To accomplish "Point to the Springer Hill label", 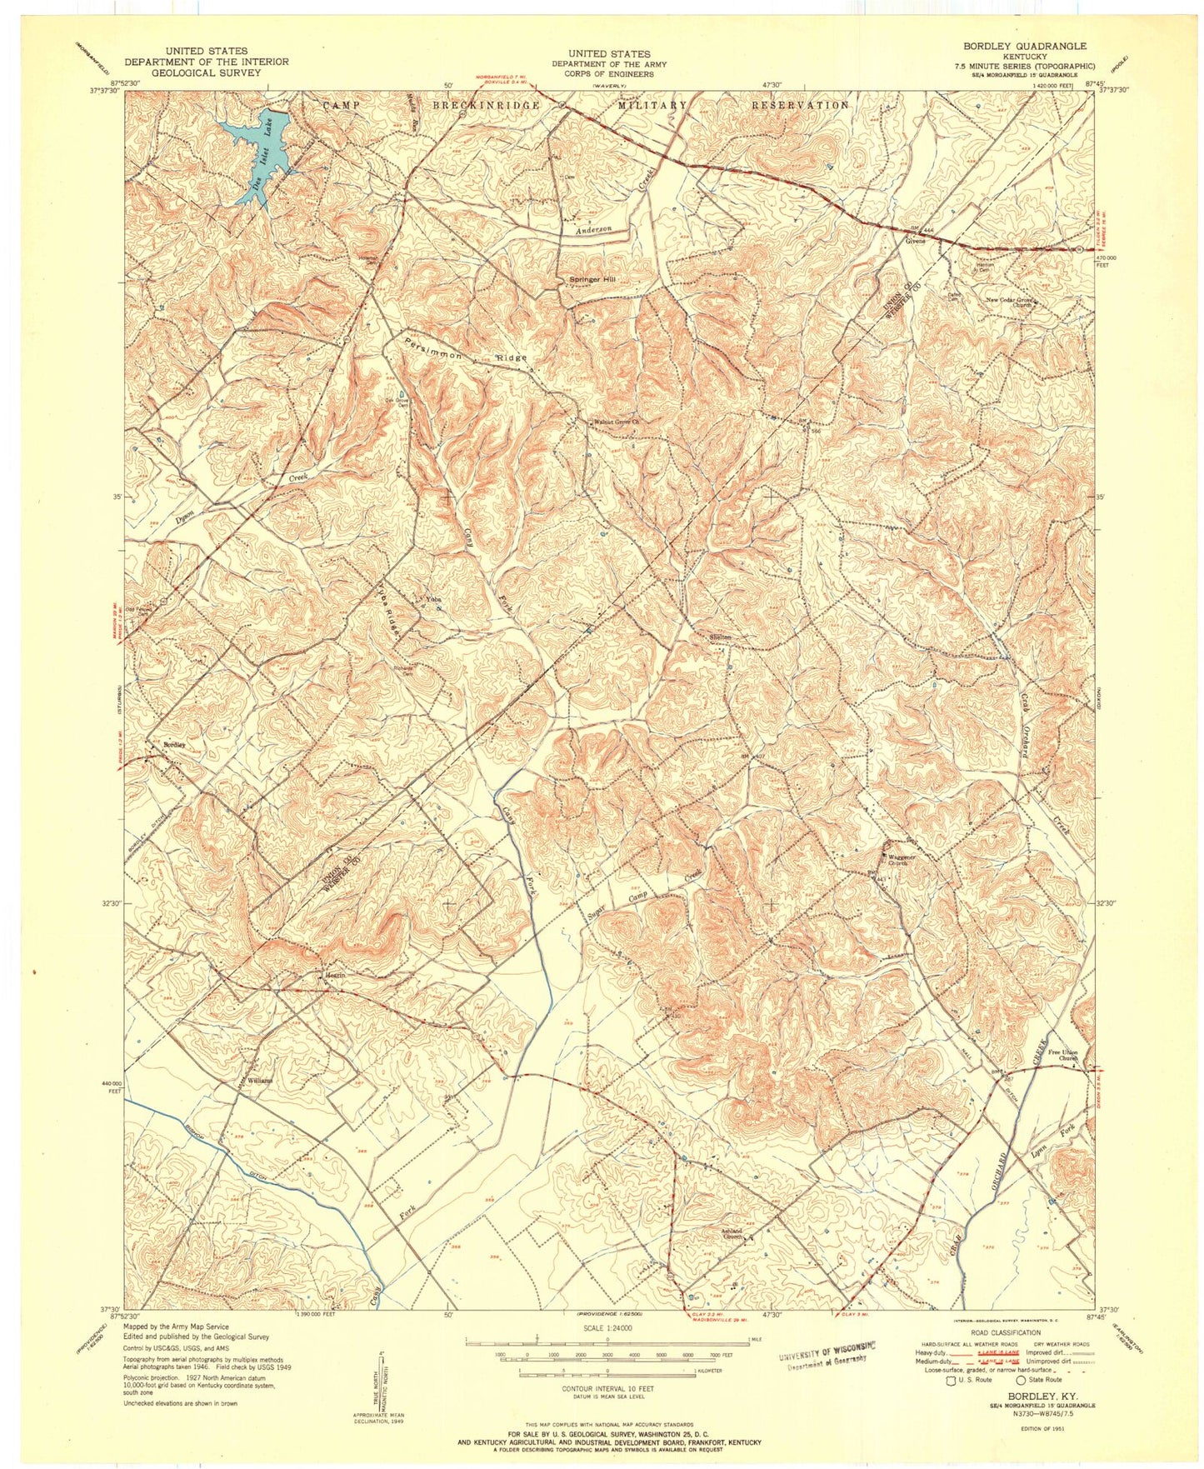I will [x=592, y=279].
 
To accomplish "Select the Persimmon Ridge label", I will [x=466, y=350].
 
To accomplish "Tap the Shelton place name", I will [x=719, y=637].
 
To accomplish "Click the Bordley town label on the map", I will [x=174, y=744].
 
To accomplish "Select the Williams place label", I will [x=257, y=1081].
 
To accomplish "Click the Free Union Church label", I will [x=1062, y=1055].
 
